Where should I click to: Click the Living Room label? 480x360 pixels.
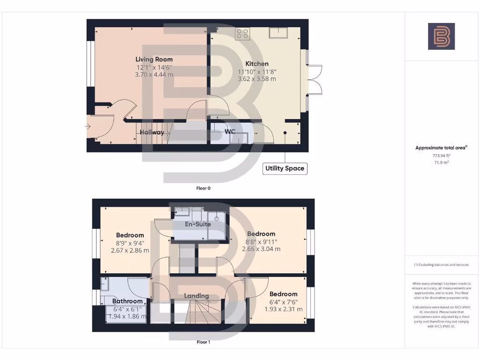pos(154,60)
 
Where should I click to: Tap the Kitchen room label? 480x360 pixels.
pos(257,64)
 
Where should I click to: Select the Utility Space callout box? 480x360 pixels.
pos(285,168)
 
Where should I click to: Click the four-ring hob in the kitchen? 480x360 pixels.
pos(243,33)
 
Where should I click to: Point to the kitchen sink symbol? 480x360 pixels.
pos(278,33)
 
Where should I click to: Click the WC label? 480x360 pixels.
pos(230,132)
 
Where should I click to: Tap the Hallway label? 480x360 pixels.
pos(152,132)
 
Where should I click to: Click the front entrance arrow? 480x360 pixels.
pos(88,126)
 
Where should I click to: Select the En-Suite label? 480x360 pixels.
pos(197,224)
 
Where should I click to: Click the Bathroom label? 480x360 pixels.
pos(127,301)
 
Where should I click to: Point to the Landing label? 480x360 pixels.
pos(196,296)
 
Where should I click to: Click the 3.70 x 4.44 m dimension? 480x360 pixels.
pos(154,75)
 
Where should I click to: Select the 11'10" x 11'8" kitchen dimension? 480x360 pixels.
pos(257,72)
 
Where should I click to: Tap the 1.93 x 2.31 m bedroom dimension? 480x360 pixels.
pos(283,309)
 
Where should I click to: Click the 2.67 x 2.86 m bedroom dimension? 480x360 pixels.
pos(130,250)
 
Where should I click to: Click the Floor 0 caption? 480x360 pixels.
pos(203,188)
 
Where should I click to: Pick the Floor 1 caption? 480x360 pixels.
pos(203,342)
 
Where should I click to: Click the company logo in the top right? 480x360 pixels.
pos(441,37)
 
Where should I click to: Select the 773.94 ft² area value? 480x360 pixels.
pos(441,155)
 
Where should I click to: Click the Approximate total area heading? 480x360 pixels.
pos(441,148)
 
